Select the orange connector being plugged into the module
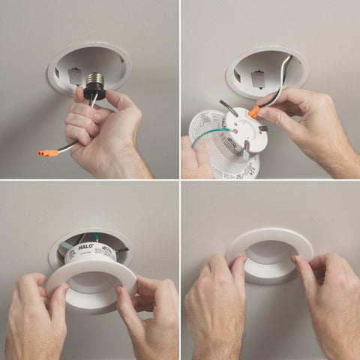(254, 112)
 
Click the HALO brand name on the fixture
(85, 244)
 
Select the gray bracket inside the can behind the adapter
(73, 75)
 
